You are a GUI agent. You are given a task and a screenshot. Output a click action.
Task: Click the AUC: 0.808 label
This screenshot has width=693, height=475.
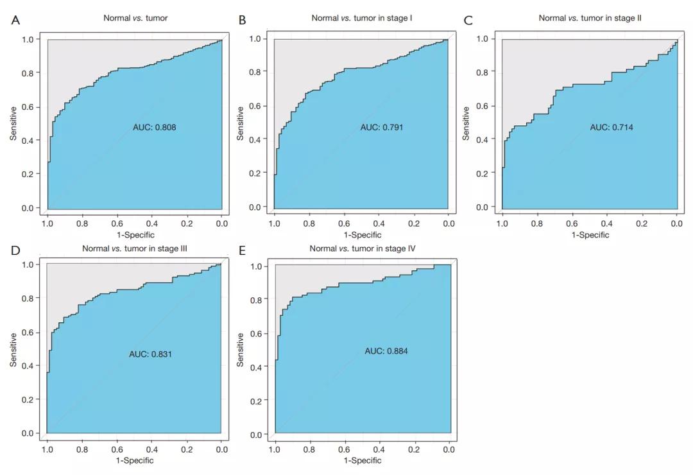point(154,128)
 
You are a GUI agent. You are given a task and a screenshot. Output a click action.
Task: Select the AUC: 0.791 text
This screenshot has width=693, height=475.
point(382,127)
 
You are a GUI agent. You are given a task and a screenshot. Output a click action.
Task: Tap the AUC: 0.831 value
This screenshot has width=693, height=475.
point(151,354)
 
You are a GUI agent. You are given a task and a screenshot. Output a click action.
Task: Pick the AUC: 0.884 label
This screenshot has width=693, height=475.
point(386,351)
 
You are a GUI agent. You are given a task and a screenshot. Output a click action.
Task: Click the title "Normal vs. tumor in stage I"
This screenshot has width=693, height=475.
point(362,18)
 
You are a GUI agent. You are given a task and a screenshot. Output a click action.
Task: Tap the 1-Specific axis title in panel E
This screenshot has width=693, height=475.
point(362,460)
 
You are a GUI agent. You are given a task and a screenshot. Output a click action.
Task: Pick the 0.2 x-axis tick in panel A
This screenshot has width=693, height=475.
point(187,223)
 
